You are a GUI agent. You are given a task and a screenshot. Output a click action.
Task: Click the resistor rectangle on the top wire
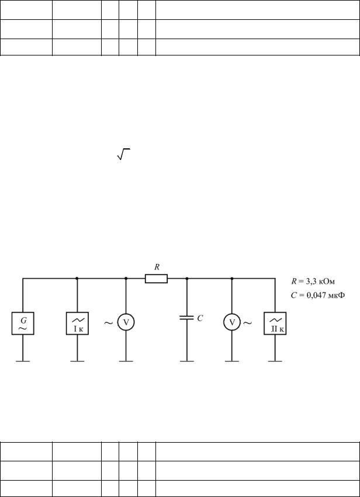pyautogui.click(x=157, y=279)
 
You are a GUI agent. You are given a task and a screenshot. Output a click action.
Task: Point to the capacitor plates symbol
pyautogui.click(x=186, y=318)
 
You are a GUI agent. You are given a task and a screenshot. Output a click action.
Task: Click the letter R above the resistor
pyautogui.click(x=157, y=267)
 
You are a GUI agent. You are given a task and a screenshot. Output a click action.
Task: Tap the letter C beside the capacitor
pyautogui.click(x=200, y=318)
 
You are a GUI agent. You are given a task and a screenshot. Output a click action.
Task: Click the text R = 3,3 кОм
pyautogui.click(x=312, y=281)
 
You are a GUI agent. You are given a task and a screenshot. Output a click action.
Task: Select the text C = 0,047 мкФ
pyautogui.click(x=318, y=296)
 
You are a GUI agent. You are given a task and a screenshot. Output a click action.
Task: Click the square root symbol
pyautogui.click(x=124, y=154)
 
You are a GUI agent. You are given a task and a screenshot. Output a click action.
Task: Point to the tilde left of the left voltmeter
pyautogui.click(x=109, y=324)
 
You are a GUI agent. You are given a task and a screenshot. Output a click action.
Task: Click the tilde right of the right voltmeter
pyautogui.click(x=248, y=324)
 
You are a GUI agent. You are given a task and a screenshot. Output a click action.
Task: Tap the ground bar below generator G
pyautogui.click(x=23, y=361)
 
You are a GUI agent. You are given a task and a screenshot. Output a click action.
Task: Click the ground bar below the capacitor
pyautogui.click(x=186, y=361)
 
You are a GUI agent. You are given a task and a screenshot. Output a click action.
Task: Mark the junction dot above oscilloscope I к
pyautogui.click(x=77, y=279)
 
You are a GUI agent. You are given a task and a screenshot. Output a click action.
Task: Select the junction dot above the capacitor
pyautogui.click(x=186, y=279)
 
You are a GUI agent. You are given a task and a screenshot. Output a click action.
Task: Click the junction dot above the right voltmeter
pyautogui.click(x=232, y=279)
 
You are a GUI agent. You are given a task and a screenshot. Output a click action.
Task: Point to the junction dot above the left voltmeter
pyautogui.click(x=126, y=279)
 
